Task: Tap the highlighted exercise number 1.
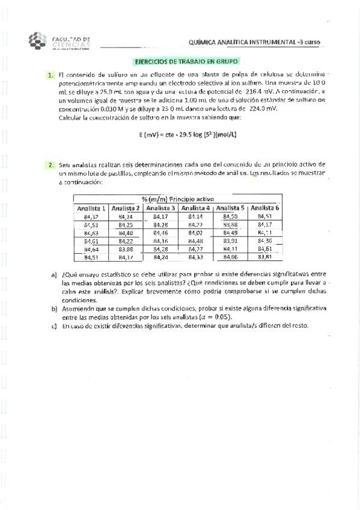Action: [x=49, y=75]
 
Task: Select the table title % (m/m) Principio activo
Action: [x=177, y=199]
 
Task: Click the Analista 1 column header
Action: [x=91, y=208]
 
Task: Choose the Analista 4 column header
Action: [x=195, y=208]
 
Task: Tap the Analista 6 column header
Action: [x=264, y=208]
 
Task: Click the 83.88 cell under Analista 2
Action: [x=126, y=249]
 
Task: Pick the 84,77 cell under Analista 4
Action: [x=195, y=249]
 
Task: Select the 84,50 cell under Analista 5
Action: [x=230, y=217]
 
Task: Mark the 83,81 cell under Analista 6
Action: [x=264, y=257]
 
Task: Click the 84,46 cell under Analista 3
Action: [x=160, y=233]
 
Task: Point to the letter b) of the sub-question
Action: [x=54, y=307]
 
